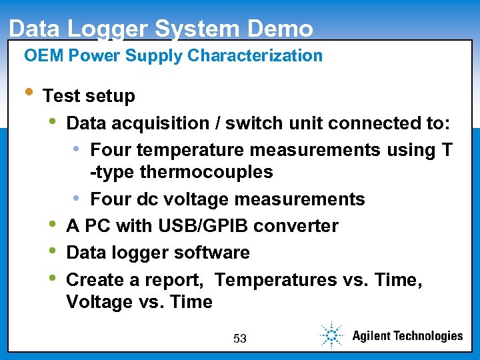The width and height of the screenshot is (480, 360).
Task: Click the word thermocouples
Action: (x=207, y=172)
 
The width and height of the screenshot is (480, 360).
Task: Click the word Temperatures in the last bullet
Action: (x=276, y=280)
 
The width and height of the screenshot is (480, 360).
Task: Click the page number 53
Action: (x=240, y=339)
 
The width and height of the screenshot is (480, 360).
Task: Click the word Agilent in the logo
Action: (x=376, y=335)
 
